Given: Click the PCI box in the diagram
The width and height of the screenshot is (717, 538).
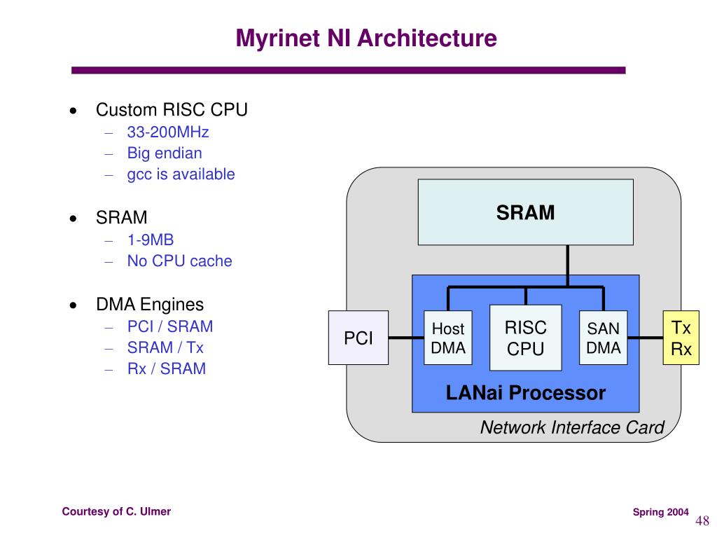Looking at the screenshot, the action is click(358, 338).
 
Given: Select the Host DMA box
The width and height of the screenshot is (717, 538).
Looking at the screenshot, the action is click(447, 338).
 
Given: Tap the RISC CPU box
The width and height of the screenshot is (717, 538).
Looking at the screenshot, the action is click(525, 338).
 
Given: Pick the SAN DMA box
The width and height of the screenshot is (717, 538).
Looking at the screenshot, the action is click(603, 338).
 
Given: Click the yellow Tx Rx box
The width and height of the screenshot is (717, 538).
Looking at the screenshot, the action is click(681, 338).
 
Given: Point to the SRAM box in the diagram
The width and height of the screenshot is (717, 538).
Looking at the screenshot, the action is click(525, 212).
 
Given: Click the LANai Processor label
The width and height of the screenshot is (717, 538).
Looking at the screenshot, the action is click(525, 392).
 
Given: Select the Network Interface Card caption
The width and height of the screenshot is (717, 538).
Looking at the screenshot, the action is click(572, 427).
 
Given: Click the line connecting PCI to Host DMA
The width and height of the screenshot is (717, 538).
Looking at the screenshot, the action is click(406, 338).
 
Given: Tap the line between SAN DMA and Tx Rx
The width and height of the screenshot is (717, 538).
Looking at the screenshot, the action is click(645, 338).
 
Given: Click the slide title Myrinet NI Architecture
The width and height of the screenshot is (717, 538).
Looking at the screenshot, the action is click(366, 38).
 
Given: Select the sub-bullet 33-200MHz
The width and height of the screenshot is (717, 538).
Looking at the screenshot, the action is click(168, 132).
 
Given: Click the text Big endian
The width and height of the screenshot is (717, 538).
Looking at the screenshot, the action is click(164, 153).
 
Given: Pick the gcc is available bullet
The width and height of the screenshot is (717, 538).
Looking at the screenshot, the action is click(181, 174).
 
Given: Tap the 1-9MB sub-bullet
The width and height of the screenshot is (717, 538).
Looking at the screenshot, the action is click(151, 240).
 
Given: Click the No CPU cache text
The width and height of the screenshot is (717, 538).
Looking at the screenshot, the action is click(179, 261).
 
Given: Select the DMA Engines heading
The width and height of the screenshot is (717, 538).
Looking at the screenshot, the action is click(150, 305).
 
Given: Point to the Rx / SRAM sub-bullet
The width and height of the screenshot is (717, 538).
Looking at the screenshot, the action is click(167, 368).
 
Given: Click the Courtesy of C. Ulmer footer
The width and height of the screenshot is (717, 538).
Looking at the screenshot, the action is click(116, 511).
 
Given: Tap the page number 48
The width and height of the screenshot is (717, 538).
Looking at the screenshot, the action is click(702, 520).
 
